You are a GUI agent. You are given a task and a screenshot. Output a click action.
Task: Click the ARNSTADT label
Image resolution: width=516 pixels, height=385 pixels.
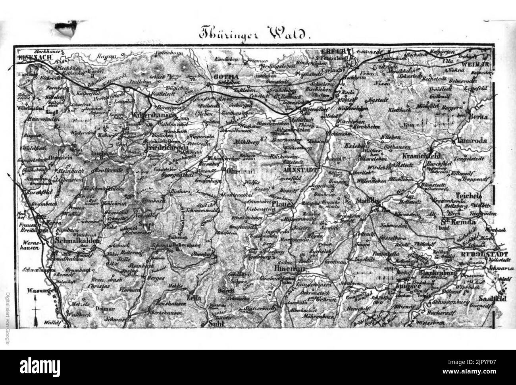(300, 169)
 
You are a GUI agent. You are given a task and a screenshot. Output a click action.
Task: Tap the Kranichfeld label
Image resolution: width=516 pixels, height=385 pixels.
(420, 156)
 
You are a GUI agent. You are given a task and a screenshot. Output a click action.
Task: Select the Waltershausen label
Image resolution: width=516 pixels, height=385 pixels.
(153, 115)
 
